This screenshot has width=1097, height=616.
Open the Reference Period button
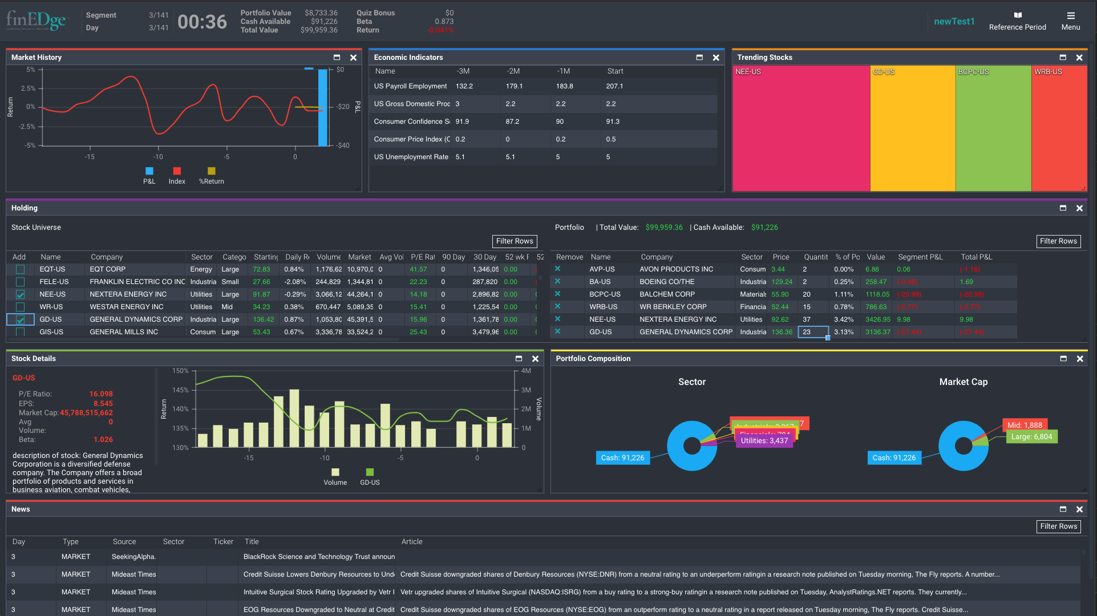pos(1017,21)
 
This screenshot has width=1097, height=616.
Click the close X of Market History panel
pos(353,58)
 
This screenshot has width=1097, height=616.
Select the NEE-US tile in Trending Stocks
pos(801,128)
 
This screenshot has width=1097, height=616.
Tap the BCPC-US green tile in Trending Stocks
pos(993,128)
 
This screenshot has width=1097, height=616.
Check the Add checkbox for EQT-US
pos(21,269)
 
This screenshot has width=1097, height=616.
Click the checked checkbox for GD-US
pos(21,319)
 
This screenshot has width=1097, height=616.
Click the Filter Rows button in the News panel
pos(1058,526)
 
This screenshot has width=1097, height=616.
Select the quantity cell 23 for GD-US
pos(812,332)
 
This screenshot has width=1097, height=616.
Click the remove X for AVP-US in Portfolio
pos(557,269)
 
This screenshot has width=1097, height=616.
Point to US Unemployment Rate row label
pos(411,157)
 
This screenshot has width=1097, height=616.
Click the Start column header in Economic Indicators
pos(615,71)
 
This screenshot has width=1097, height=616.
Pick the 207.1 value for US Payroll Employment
pos(614,86)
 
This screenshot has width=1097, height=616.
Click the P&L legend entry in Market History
pos(149,176)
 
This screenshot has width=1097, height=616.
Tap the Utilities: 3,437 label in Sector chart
pos(764,441)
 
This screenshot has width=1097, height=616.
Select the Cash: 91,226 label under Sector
pos(622,458)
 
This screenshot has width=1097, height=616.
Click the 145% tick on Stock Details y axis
pos(180,390)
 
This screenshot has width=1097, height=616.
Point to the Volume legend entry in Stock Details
pos(335,477)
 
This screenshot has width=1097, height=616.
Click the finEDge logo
pos(37,21)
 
